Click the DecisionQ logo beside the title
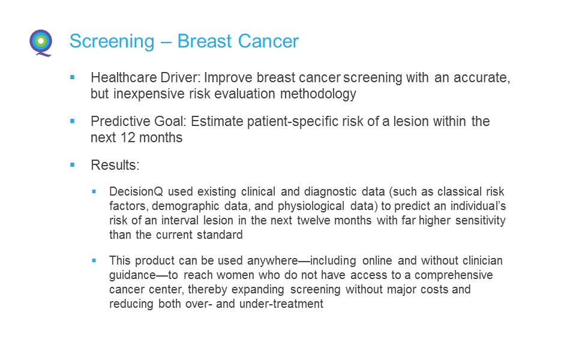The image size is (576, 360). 41,43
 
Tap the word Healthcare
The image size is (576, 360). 120,77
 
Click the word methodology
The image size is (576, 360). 318,94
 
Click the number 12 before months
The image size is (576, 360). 128,137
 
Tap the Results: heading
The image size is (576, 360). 115,165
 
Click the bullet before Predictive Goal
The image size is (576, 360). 73,121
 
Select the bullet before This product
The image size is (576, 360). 94,260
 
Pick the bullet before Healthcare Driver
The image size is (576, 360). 73,77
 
